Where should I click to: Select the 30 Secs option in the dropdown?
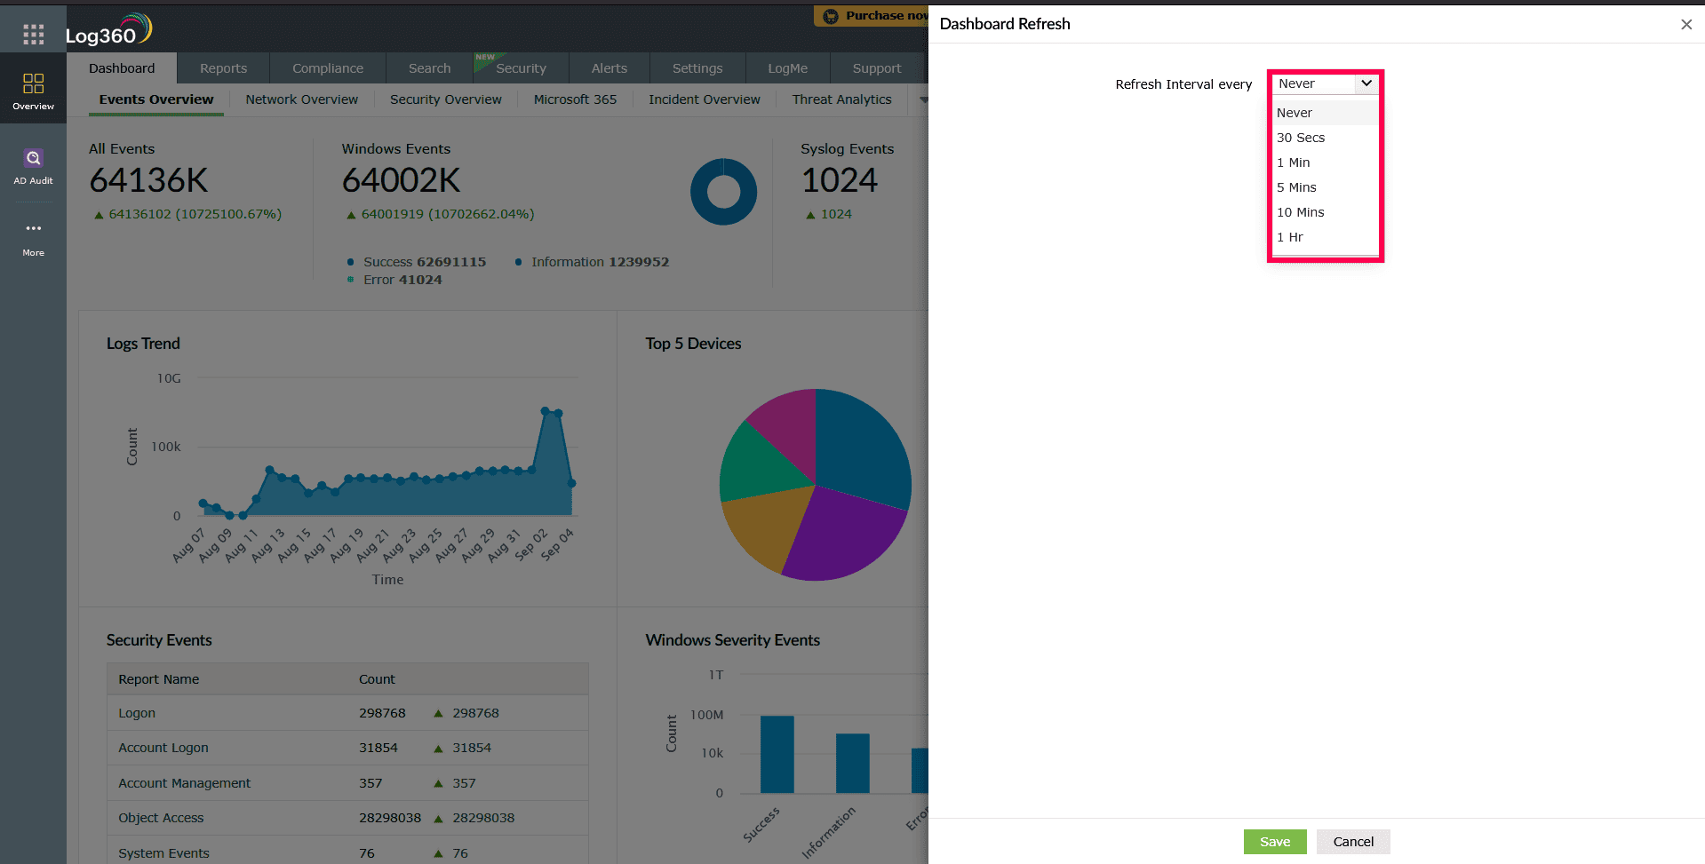1301,138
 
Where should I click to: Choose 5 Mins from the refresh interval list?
1296,187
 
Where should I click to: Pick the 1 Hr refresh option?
1290,237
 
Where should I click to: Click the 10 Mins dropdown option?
1301,212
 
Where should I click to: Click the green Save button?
1274,842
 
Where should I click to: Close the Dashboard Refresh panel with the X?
1685,25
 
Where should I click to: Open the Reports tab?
223,68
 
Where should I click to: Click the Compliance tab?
327,68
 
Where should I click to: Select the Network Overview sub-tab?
301,99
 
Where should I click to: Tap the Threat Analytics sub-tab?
841,99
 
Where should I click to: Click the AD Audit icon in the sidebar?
33,166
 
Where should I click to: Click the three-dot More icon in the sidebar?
33,229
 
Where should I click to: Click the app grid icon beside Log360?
33,35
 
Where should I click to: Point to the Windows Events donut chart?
723,192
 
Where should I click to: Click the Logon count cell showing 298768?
382,713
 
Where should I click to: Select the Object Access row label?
161,818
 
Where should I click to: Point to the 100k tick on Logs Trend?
166,447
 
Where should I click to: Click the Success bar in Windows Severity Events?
777,754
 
